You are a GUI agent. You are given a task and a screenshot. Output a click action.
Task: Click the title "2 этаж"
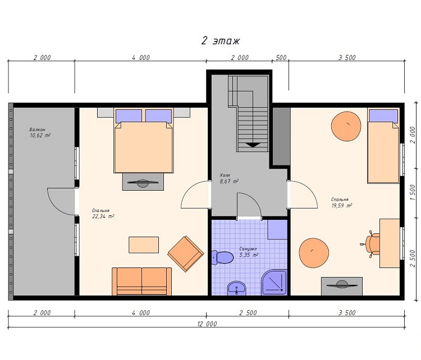tap(221, 41)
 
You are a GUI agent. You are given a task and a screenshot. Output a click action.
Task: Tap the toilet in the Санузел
tap(222, 257)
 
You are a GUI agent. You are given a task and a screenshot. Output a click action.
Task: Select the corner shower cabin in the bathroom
tap(274, 282)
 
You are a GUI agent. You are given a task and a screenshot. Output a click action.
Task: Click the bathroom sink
tap(236, 289)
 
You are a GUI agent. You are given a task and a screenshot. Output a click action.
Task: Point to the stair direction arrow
tap(253, 145)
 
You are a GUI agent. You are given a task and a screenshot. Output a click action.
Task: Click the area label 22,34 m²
tap(103, 216)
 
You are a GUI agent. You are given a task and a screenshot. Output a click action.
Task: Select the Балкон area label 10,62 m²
tap(40, 136)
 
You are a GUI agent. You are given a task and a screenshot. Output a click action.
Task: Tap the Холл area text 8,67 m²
tap(229, 181)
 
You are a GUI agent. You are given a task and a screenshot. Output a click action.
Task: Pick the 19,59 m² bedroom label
tap(341, 205)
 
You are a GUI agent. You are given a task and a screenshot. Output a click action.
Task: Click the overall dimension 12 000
tap(207, 324)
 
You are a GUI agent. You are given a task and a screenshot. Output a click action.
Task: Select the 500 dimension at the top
tap(281, 58)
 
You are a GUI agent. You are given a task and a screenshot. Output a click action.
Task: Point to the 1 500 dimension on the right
tap(413, 192)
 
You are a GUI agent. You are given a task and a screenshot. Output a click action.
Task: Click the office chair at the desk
tap(371, 244)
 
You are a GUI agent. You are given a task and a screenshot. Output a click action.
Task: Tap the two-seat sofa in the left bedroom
tap(142, 281)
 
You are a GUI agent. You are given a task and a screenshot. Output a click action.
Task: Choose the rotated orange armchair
tap(186, 254)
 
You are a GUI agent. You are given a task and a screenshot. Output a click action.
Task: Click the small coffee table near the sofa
tap(144, 244)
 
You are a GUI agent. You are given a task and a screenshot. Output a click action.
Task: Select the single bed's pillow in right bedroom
tap(383, 116)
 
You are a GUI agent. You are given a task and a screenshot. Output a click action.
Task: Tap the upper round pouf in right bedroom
tap(346, 126)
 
